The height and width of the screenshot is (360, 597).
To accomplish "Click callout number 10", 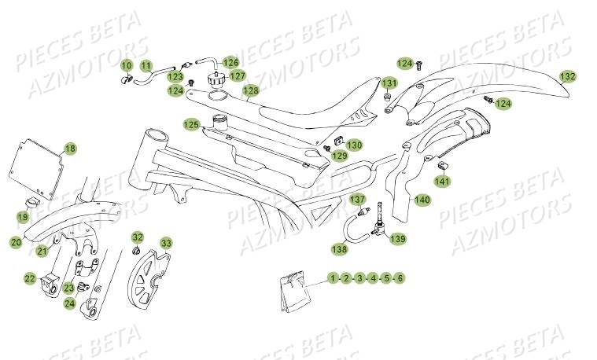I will (x=127, y=64).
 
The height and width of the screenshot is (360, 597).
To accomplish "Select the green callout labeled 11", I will (x=146, y=64).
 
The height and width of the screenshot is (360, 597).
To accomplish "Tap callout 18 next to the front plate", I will (x=70, y=149).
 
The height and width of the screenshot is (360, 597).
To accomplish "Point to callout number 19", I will (x=23, y=216).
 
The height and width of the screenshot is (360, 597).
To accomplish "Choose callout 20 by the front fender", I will (x=16, y=244).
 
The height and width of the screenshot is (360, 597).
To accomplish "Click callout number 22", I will (x=29, y=277).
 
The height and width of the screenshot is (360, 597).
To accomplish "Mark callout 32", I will (x=138, y=237).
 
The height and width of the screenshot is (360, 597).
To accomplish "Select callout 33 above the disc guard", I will (x=166, y=242).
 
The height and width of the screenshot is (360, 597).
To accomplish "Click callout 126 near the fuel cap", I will (x=230, y=62).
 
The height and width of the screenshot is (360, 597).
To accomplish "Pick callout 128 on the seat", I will (x=250, y=91).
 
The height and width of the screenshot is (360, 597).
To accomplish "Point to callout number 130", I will (x=355, y=145).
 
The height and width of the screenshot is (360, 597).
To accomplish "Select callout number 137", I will (x=358, y=200).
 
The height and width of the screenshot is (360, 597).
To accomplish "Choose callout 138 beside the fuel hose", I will (x=338, y=249).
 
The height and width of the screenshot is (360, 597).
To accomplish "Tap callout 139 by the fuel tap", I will (x=398, y=239).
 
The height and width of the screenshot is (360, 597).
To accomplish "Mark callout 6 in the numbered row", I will (x=400, y=278).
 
